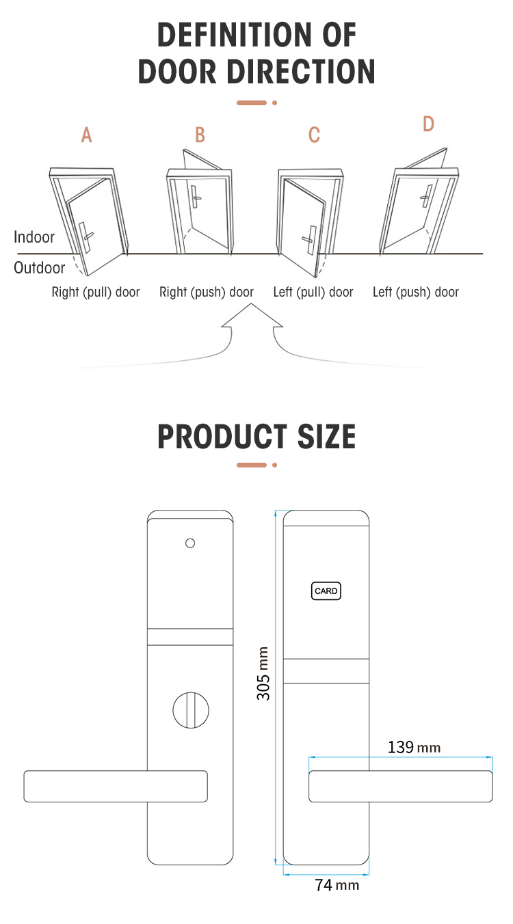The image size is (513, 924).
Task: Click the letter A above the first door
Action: (86, 135)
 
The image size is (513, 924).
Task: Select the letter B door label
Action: (200, 135)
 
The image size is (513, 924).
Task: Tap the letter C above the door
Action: (314, 135)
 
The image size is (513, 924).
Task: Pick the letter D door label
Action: (428, 124)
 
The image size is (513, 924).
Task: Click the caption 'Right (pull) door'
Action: (96, 293)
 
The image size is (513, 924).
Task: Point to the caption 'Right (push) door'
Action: (207, 293)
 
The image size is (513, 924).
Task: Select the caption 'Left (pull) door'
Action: (313, 293)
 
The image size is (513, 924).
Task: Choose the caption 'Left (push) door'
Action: (416, 293)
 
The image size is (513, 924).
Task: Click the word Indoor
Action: (34, 237)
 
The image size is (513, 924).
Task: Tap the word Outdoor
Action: (39, 268)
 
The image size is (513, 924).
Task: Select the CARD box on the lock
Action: (326, 591)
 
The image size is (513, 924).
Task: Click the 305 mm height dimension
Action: (264, 673)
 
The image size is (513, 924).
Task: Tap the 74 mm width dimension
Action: (337, 885)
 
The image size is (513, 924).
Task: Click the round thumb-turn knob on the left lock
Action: (190, 710)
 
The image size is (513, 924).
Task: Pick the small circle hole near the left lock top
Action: (190, 543)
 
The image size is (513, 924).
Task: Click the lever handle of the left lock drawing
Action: (116, 786)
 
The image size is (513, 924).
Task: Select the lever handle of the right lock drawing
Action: (400, 786)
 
